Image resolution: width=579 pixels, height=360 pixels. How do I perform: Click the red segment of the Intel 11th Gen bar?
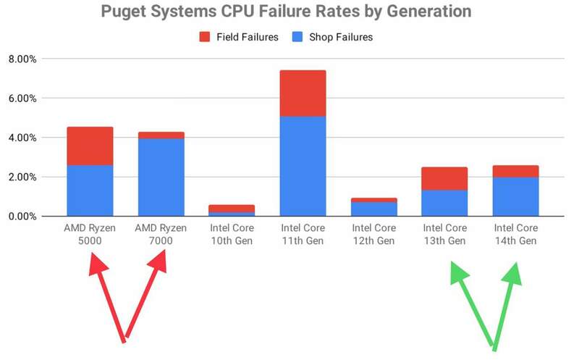(303, 93)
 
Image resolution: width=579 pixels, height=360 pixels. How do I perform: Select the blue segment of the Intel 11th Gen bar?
(303, 166)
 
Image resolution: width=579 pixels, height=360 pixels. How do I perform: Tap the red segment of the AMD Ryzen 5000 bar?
(90, 146)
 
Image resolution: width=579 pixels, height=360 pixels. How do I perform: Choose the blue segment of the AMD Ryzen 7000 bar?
(161, 177)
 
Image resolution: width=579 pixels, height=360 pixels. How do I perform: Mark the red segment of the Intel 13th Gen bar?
(444, 178)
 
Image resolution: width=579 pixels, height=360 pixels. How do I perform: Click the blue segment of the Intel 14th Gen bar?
(515, 196)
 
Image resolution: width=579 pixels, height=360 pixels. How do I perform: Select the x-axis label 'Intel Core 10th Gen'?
(232, 235)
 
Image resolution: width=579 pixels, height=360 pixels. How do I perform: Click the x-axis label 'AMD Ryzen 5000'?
(90, 235)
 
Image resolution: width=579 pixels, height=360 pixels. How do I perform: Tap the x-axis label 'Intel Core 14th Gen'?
(515, 235)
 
